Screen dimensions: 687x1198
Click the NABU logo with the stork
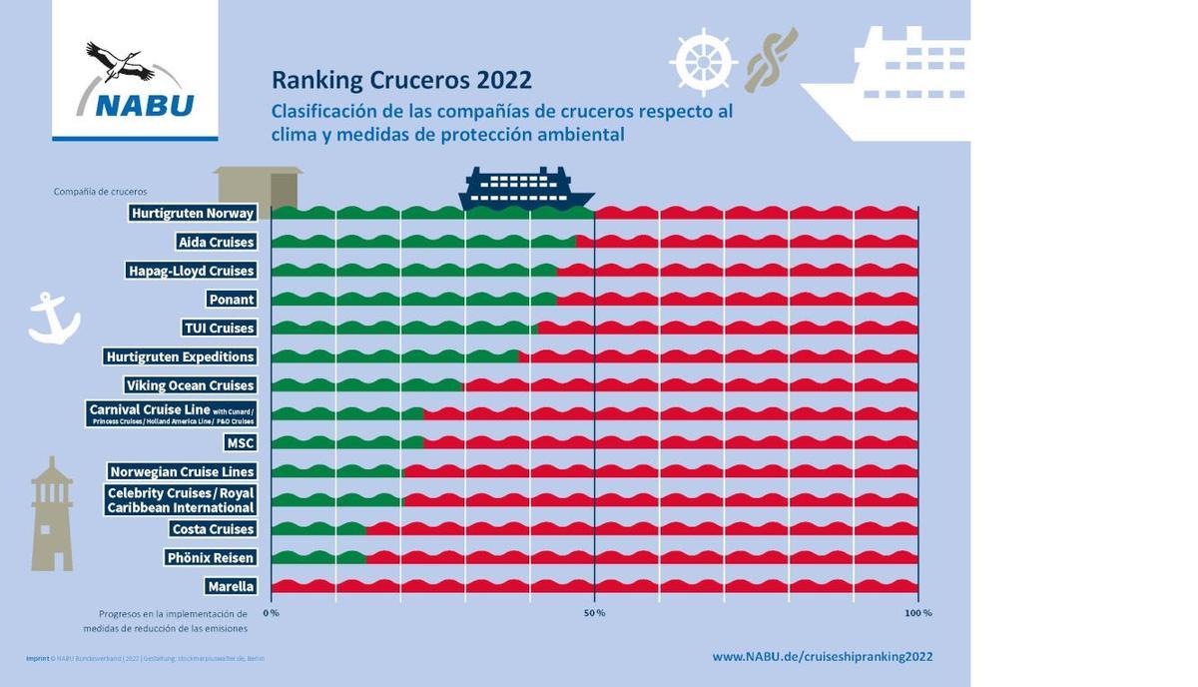click(x=135, y=80)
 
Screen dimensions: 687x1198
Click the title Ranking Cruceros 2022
click(x=401, y=80)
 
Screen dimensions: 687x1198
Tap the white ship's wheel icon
click(x=703, y=62)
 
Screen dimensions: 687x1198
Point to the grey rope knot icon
click(x=771, y=59)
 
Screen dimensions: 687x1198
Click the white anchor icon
click(x=52, y=319)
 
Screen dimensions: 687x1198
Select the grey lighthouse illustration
click(x=52, y=514)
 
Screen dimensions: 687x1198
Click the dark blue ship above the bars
click(x=525, y=189)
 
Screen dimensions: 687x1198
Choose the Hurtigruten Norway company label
click(x=193, y=213)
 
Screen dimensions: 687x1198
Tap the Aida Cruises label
click(x=216, y=242)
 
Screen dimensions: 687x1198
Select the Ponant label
click(x=232, y=300)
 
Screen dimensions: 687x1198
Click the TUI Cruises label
click(x=220, y=328)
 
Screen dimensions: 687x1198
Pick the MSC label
click(x=241, y=442)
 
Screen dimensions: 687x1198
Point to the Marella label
click(x=231, y=586)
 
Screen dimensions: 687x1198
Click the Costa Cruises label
click(x=213, y=529)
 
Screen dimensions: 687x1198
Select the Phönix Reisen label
click(x=211, y=557)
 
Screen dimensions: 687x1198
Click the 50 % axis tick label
click(x=594, y=612)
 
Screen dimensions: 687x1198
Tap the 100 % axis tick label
click(x=917, y=612)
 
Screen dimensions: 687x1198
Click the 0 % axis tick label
click(x=271, y=612)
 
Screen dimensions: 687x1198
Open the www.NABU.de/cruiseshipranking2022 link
click(x=822, y=656)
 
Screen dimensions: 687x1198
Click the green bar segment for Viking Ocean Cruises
click(x=367, y=385)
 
